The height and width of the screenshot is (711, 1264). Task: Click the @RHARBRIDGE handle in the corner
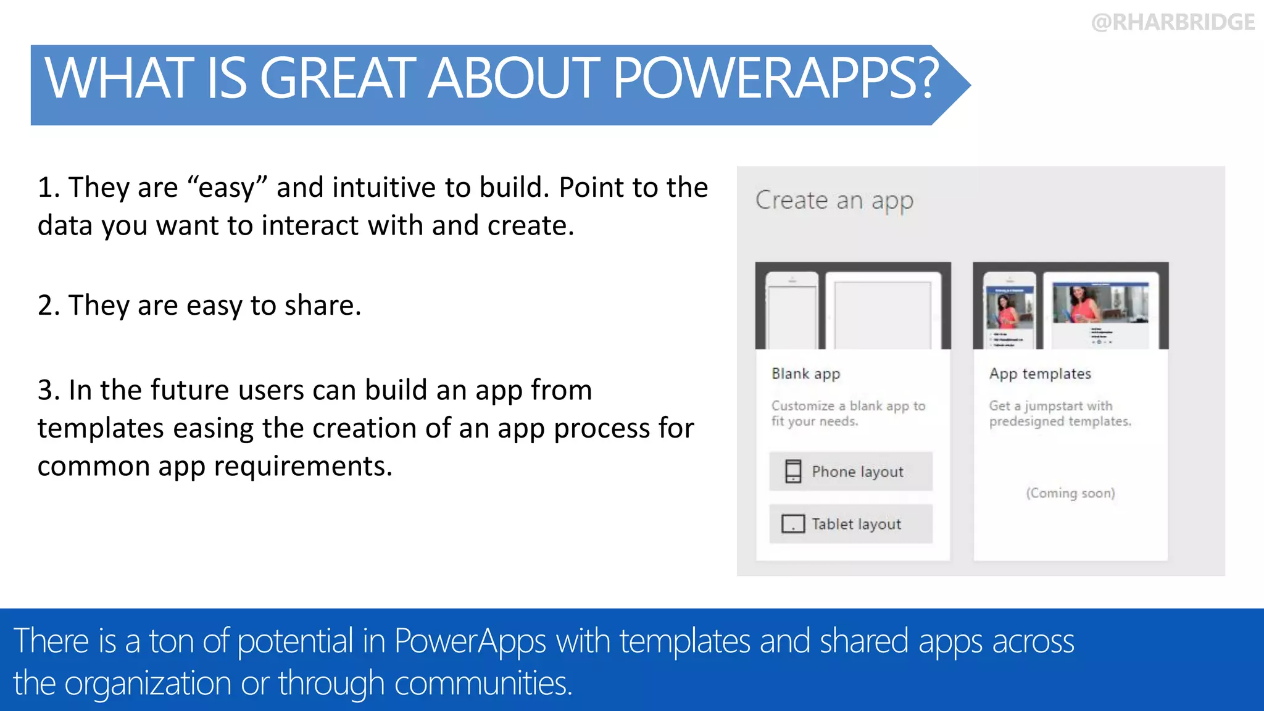pyautogui.click(x=1173, y=22)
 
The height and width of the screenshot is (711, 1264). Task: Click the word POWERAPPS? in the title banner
pyautogui.click(x=775, y=78)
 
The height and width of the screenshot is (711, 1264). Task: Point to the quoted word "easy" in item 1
pyautogui.click(x=227, y=188)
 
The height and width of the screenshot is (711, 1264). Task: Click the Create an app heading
pyautogui.click(x=834, y=201)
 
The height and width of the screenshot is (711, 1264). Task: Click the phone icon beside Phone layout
pyautogui.click(x=793, y=472)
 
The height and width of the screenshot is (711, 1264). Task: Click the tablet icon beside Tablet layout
pyautogui.click(x=793, y=524)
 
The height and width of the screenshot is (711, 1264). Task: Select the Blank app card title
pyautogui.click(x=805, y=374)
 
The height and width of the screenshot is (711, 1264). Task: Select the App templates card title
pyautogui.click(x=1040, y=374)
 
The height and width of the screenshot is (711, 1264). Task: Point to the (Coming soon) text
pyautogui.click(x=1070, y=493)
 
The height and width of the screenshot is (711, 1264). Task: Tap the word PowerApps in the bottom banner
pyautogui.click(x=470, y=641)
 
